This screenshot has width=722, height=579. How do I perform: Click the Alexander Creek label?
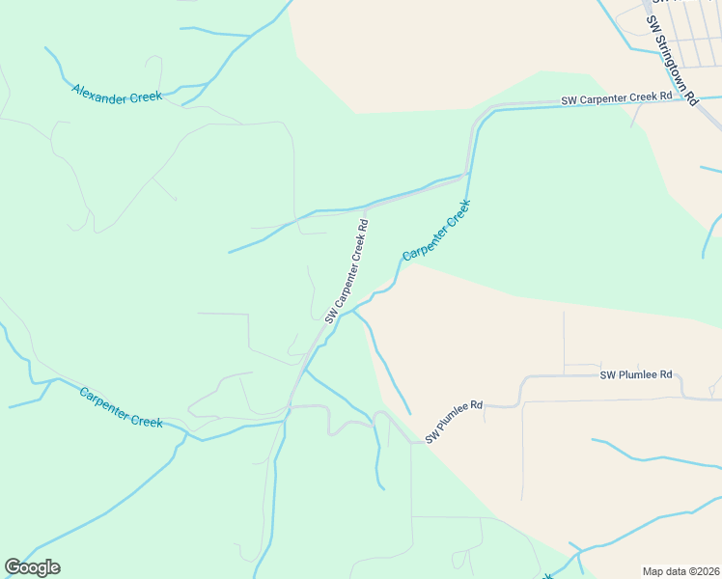tap(117, 95)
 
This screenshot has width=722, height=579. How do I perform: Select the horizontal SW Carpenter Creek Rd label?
tap(618, 98)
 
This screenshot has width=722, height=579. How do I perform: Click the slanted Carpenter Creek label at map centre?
tap(436, 231)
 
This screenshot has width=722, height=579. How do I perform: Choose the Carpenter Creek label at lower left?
tap(121, 407)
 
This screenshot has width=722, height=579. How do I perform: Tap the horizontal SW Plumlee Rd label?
tap(636, 374)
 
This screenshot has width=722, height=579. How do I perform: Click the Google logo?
tap(32, 567)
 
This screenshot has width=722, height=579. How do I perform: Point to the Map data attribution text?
tap(680, 571)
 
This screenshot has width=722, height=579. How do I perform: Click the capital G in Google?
tap(13, 567)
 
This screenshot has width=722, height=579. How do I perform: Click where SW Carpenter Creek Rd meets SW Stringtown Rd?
tap(682, 99)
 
